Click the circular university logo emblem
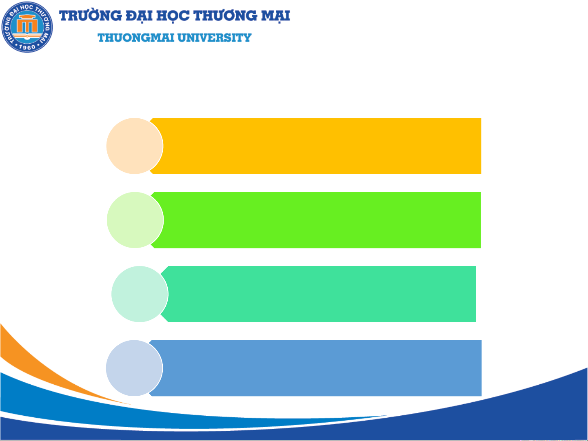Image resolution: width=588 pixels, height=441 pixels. coord(27,27)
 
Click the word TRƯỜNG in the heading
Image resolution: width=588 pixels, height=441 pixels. coord(91,16)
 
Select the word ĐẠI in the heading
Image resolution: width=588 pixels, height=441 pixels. coord(139,16)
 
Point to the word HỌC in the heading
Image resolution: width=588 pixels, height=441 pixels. coord(173,16)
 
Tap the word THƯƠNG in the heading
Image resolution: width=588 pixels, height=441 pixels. coord(225,16)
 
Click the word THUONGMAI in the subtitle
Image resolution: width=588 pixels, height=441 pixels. coord(136,38)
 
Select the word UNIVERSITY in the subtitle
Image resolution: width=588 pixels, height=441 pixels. coord(214,38)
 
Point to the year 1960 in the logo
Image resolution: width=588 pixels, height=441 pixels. coord(27,47)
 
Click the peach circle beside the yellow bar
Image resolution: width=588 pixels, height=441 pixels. coord(135,146)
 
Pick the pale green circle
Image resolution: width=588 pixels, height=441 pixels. coord(135,220)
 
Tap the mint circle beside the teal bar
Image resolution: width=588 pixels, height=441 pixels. coord(140,294)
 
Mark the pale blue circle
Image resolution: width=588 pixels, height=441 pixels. coord(134,368)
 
